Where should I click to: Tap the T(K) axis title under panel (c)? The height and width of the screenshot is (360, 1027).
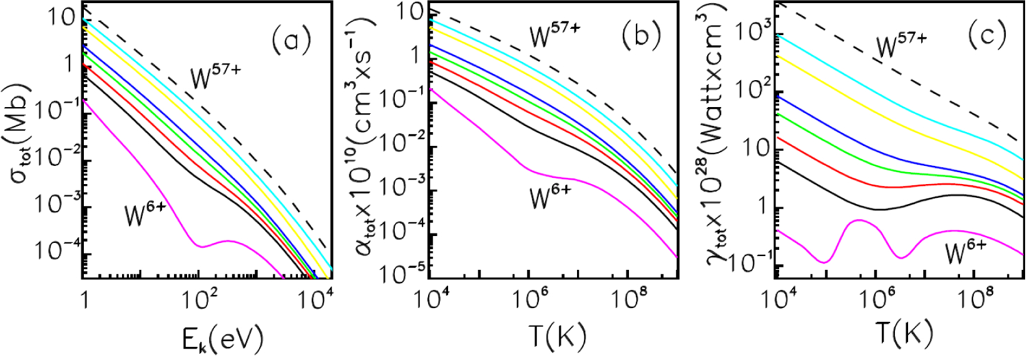click(901, 339)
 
